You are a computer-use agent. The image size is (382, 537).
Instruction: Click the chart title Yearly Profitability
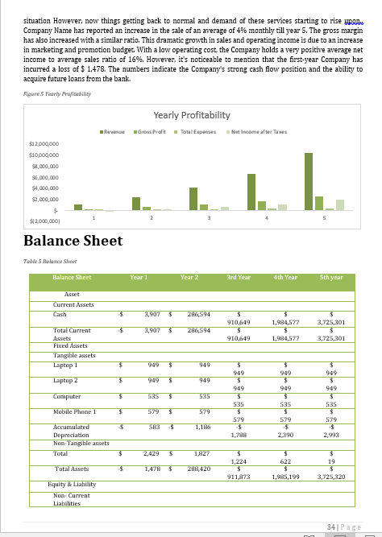(191, 115)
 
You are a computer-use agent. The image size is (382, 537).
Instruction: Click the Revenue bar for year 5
(309, 181)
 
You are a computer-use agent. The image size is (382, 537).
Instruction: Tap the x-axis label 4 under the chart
(267, 217)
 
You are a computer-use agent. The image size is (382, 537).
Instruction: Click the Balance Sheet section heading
(73, 241)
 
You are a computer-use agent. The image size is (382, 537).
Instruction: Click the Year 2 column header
(189, 277)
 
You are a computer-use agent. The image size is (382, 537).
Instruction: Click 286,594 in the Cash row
(198, 314)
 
